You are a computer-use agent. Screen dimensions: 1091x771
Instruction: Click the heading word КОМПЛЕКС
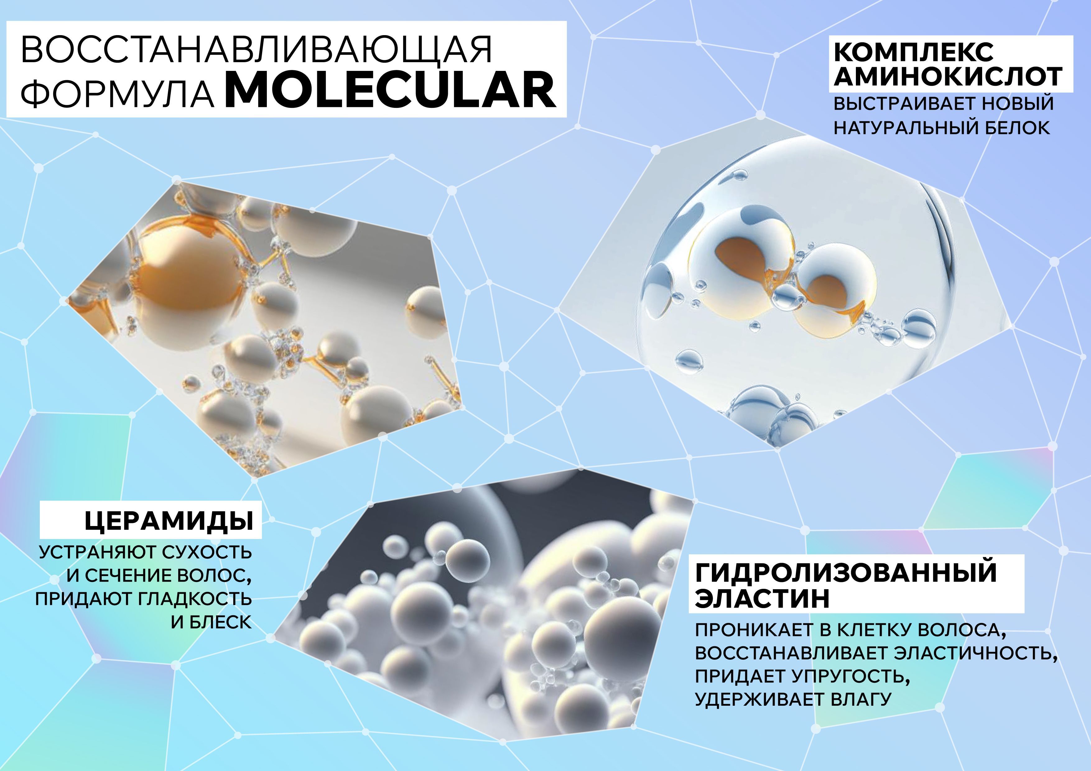(913, 52)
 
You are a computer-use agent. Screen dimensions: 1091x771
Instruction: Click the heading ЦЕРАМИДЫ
(169, 521)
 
